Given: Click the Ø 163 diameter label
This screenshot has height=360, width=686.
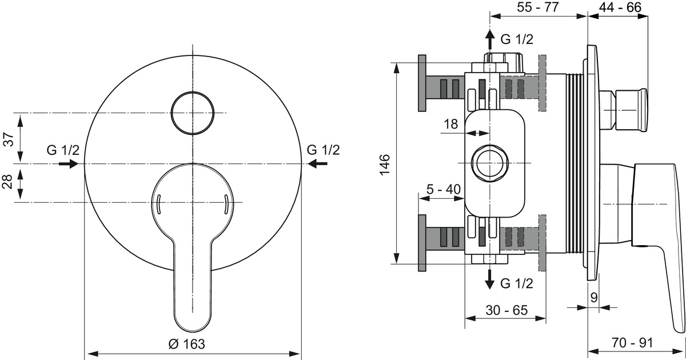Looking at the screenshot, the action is coord(186,344).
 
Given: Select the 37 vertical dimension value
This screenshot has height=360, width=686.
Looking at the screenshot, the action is coord(9,139).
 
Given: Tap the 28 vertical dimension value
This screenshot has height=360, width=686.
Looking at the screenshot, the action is coord(8,182).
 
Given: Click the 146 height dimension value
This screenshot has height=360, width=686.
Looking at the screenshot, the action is coord(385,165).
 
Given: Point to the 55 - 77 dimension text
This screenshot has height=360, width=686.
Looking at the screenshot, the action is coord(538,7).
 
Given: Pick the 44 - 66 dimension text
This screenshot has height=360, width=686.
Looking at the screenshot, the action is coord(620,7).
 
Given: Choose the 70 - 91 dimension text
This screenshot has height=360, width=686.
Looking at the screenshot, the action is coord(632,342).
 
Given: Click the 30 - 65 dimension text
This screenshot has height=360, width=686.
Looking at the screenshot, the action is coord(506,310).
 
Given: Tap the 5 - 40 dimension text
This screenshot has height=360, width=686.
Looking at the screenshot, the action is coord(444,189).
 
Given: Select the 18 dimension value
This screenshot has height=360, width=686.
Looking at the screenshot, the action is coord(451,124).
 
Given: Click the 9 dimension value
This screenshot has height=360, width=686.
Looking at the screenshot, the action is coord(594,298).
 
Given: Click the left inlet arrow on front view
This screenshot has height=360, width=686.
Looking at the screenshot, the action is coord(69,164).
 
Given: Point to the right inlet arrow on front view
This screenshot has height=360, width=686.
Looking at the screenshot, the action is coord(317,164).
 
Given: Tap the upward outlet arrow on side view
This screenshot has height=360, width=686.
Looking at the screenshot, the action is coord(490,39).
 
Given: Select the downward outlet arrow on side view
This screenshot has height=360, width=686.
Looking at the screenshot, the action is coord(490,279).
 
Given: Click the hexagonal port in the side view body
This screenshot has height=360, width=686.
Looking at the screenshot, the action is coord(490,163).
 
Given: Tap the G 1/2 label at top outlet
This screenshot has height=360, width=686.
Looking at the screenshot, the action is coord(517,39).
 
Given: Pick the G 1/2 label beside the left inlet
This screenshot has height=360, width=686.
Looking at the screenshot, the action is coord(63,150).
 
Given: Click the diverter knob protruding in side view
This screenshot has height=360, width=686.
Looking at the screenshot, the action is coord(623,110).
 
